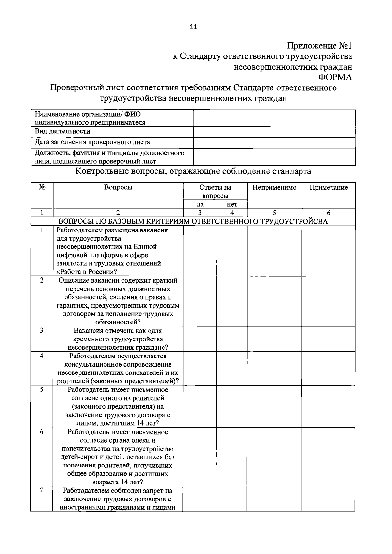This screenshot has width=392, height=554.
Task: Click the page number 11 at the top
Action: [193, 27]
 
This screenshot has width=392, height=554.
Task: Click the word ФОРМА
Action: [335, 77]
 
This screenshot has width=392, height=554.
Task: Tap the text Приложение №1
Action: [319, 46]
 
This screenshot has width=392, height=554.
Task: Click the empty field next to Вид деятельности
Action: [274, 132]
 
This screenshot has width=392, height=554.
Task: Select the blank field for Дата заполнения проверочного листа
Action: [274, 143]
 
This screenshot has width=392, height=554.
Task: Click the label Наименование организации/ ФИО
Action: [88, 114]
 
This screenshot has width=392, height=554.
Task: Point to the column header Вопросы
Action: [118, 187]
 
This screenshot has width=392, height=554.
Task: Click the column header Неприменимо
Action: [274, 187]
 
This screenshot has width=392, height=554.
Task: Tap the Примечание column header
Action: [328, 187]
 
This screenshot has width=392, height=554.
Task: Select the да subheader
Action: [200, 204]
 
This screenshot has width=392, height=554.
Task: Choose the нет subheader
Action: [232, 204]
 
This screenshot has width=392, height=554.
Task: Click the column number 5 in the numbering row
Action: [274, 213]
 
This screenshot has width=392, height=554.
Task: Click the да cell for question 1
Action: [200, 251]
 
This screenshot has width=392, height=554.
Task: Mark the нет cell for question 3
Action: [232, 339]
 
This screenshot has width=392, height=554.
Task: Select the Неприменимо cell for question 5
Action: [274, 406]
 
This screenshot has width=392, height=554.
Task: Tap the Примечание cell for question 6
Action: [328, 457]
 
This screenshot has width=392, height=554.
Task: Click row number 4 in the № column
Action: [42, 356]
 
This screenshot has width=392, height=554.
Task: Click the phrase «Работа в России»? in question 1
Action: [87, 272]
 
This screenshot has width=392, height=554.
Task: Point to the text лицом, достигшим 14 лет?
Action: [118, 423]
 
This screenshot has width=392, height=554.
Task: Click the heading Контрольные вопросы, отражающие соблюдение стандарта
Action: [193, 171]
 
